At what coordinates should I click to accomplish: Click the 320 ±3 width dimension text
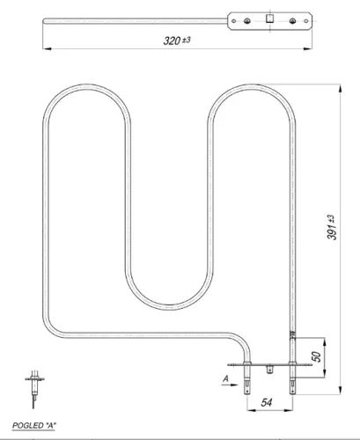(x=177, y=40)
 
